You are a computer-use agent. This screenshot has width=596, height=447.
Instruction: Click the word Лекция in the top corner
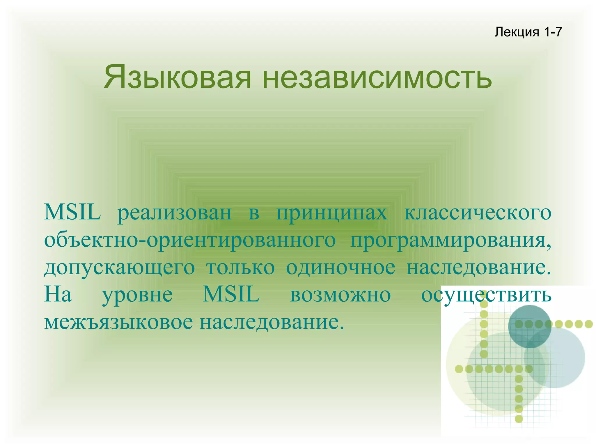(x=517, y=32)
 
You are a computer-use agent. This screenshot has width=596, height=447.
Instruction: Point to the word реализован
(x=174, y=213)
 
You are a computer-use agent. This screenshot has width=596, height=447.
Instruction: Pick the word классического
(x=478, y=213)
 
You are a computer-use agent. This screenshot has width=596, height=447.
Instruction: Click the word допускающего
(x=119, y=268)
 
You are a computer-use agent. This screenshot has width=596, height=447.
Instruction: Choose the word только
(x=240, y=268)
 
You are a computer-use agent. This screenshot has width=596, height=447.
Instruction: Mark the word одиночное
(x=340, y=268)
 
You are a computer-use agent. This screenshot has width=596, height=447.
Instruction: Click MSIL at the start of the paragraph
(x=72, y=213)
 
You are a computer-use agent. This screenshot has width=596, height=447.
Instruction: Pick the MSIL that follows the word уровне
(x=231, y=295)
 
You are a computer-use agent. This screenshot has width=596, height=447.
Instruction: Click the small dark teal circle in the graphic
(x=529, y=326)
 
